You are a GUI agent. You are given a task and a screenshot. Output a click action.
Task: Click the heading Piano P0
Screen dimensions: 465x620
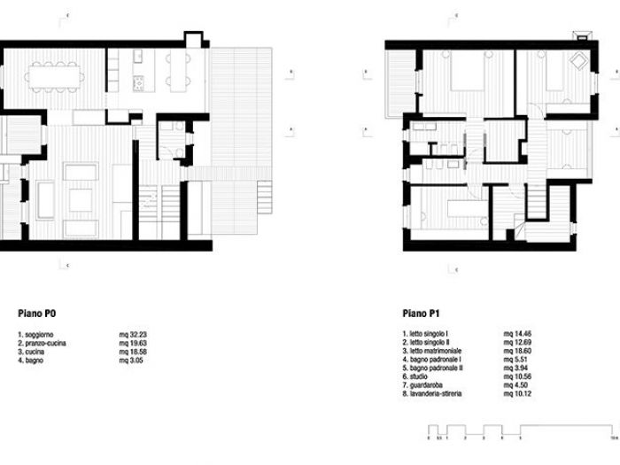click(38, 313)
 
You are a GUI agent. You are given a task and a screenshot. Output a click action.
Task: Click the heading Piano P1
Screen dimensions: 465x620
click(421, 313)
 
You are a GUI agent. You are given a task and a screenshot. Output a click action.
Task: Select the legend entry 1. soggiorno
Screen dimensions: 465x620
click(37, 335)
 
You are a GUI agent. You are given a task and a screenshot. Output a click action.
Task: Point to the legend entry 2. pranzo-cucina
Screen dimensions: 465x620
click(43, 343)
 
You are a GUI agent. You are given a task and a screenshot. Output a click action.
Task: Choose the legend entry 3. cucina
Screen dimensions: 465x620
click(34, 351)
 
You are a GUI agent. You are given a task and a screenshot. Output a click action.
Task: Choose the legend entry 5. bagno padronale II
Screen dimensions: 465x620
click(433, 367)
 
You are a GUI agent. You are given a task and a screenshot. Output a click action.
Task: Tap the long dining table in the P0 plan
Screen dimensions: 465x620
click(56, 75)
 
